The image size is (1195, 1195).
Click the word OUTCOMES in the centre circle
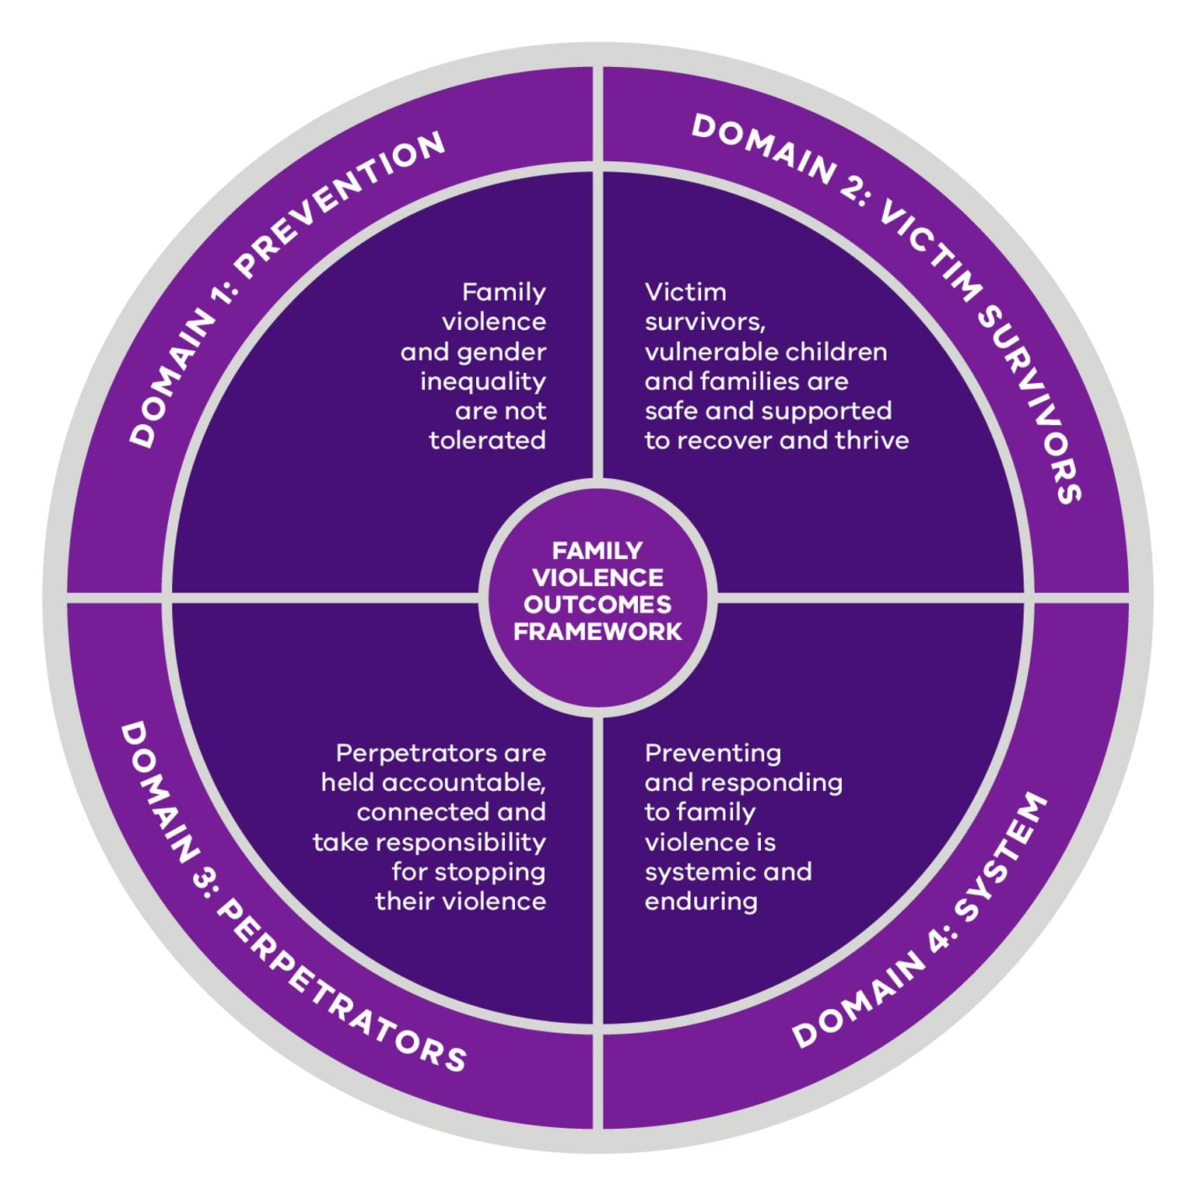[597, 604]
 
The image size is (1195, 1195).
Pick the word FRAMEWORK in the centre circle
[597, 631]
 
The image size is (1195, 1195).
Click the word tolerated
[487, 441]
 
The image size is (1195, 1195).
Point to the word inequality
[482, 381]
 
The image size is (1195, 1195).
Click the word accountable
[464, 782]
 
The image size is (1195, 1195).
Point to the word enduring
[701, 902]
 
